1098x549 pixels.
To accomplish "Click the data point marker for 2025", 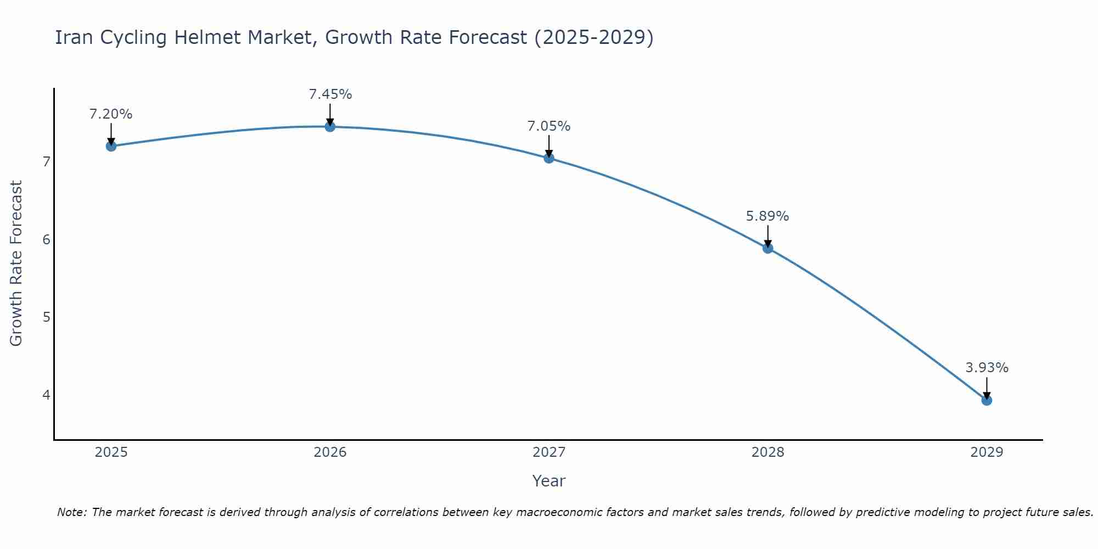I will coord(111,146).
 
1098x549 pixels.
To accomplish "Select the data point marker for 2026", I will coord(330,127).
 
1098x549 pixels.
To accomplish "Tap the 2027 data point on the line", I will coord(549,158).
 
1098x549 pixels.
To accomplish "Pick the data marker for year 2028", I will coord(768,248).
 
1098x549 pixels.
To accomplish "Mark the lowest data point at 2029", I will coord(987,400).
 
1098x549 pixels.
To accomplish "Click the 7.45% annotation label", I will coord(330,94).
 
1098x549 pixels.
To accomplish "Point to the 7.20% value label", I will coord(111,114).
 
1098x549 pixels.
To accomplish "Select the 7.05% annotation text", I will coord(549,126).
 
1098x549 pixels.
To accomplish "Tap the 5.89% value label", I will coord(768,216).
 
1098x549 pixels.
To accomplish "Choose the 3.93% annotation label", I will coord(987,368).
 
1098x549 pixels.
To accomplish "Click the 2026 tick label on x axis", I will coord(330,452).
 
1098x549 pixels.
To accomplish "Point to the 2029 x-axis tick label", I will coord(987,452).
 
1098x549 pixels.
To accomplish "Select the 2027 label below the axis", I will coord(549,452).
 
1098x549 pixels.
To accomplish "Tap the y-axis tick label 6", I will coord(46,239).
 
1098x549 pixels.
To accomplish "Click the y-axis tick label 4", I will coord(46,395).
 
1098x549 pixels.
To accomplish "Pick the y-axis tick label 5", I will coord(46,317).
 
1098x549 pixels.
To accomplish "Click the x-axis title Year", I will coord(549,481).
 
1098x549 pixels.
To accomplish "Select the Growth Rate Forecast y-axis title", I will coord(16,264).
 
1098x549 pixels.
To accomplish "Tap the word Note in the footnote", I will coord(71,512).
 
